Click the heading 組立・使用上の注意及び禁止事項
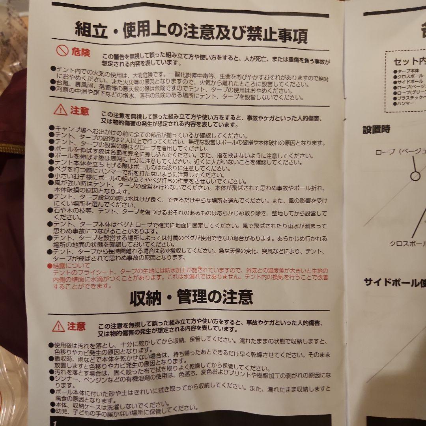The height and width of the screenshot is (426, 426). (x=191, y=34)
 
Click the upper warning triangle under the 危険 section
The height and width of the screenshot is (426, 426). (x=60, y=110)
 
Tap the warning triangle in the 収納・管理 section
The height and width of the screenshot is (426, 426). (x=58, y=326)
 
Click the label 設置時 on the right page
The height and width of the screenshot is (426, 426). (x=376, y=129)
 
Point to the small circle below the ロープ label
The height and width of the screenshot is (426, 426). (x=415, y=176)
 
